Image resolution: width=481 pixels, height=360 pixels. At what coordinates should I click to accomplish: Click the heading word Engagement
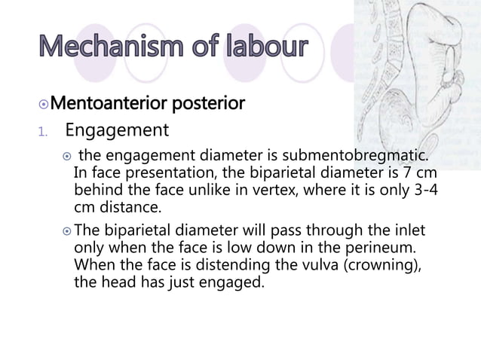[116, 131]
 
